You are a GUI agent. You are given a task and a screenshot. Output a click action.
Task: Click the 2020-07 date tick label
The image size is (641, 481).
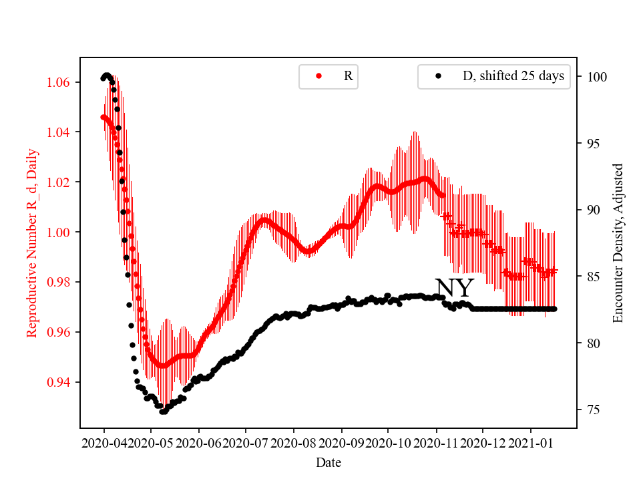click(246, 443)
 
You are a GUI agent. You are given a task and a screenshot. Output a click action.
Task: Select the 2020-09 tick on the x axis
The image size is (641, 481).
click(341, 443)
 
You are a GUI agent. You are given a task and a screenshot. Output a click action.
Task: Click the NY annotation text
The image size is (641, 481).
click(454, 289)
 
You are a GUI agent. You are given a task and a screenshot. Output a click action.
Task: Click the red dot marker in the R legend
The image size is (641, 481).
click(318, 76)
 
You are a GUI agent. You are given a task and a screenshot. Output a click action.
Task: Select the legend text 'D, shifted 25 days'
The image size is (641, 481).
click(513, 76)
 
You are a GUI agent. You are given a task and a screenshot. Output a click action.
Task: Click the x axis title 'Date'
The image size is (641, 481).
click(328, 462)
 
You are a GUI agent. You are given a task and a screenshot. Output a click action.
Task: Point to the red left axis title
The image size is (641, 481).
click(31, 243)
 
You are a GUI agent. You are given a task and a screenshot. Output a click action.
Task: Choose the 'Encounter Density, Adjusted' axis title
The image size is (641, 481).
click(618, 243)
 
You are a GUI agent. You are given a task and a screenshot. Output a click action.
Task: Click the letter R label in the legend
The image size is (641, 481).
click(348, 76)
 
